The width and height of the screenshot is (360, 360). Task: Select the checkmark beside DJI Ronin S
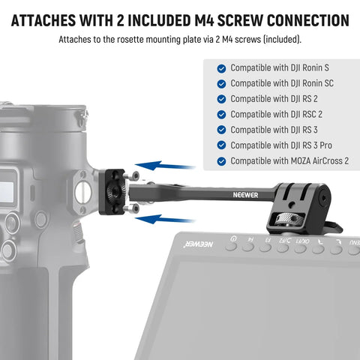pos(220,67)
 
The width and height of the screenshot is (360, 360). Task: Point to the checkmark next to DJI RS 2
pos(220,99)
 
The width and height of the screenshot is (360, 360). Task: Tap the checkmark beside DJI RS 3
pos(220,130)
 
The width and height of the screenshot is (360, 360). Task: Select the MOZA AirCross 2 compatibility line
pos(289,161)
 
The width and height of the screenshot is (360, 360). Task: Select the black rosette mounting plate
pos(115,191)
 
